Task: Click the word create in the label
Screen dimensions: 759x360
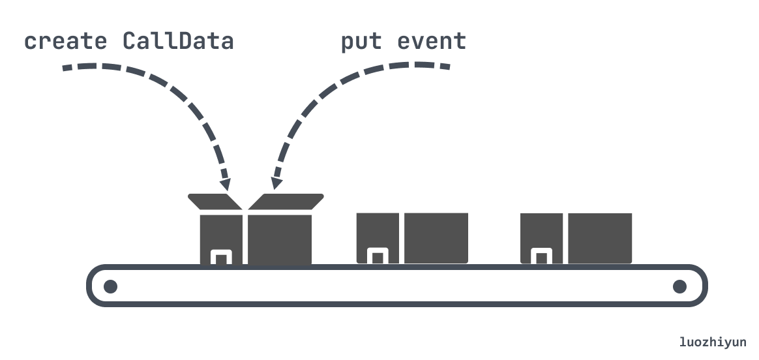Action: [x=65, y=41]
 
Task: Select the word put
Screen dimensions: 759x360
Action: [x=361, y=42]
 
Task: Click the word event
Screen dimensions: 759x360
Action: [x=432, y=42]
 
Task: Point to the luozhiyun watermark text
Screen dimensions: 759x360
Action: [x=713, y=342]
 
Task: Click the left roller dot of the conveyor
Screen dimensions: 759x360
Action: [x=110, y=286]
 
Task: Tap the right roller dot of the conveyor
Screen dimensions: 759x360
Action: [x=679, y=286]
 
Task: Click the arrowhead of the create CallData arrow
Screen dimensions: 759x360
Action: [x=225, y=185]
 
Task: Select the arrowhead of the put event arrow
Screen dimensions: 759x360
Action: [x=276, y=183]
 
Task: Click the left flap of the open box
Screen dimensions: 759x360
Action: [x=215, y=202]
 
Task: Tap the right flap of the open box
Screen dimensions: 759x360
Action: [x=286, y=202]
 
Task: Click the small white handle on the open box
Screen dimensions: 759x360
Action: [x=221, y=257]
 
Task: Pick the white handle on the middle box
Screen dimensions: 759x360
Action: [x=378, y=256]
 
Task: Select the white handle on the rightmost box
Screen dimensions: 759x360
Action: [x=541, y=256]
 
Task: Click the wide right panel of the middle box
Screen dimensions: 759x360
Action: [x=436, y=238]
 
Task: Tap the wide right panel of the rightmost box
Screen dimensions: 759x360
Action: [x=600, y=238]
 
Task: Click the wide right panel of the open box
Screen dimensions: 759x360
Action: [x=280, y=239]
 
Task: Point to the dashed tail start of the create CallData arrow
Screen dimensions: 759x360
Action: [x=67, y=68]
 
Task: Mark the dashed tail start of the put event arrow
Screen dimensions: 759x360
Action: [x=446, y=67]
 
